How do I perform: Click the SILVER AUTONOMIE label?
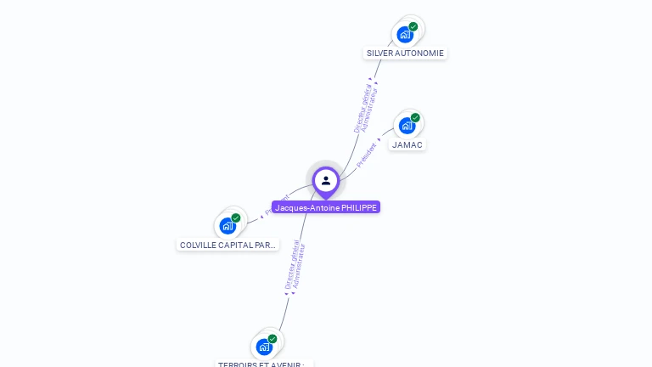(405, 53)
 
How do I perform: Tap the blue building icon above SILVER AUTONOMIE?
(405, 35)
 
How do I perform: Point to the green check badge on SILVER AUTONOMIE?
(413, 26)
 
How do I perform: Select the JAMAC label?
(407, 144)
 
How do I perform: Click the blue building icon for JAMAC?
(407, 126)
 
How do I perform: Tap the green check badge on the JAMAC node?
(415, 117)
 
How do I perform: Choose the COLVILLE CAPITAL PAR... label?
(228, 245)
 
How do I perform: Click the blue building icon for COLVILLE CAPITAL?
(228, 226)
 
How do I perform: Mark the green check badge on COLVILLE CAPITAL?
(236, 217)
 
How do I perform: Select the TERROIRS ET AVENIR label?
(264, 364)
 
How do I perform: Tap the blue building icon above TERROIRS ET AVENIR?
(264, 347)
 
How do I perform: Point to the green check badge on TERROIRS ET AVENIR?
(273, 338)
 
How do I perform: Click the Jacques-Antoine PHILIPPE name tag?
(326, 207)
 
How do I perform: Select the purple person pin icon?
(326, 180)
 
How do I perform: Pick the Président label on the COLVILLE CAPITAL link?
(277, 205)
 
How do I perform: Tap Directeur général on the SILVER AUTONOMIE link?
(361, 109)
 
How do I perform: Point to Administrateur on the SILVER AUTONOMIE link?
(370, 110)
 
